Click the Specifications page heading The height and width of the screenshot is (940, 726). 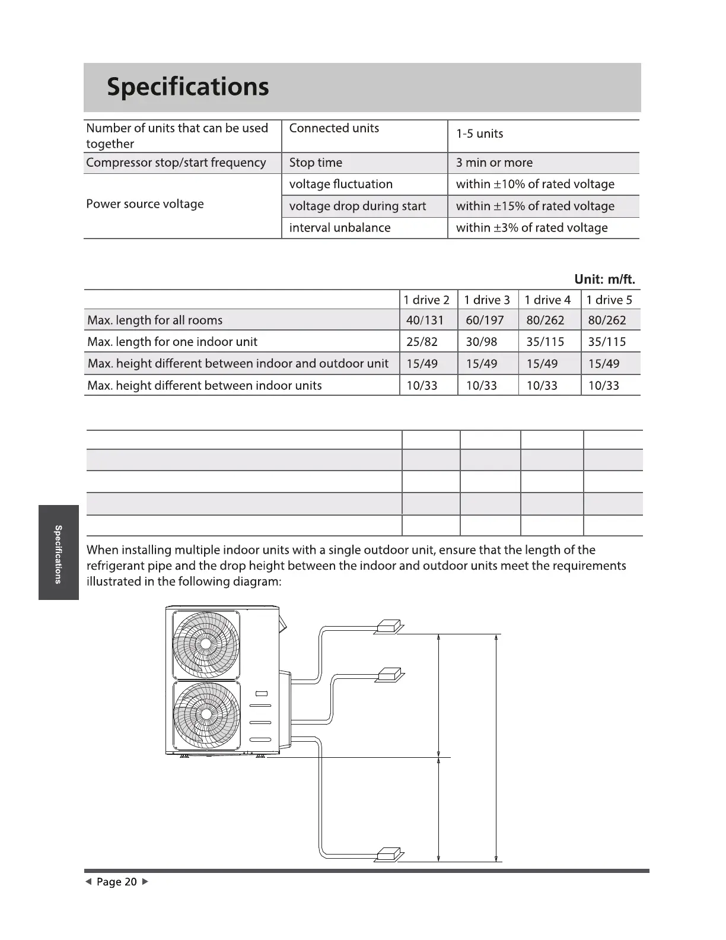tap(187, 87)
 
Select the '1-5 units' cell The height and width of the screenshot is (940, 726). tap(479, 134)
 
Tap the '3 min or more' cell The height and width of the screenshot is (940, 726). tap(494, 163)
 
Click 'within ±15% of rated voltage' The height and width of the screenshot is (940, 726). tap(535, 206)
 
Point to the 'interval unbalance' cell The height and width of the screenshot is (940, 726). tap(339, 228)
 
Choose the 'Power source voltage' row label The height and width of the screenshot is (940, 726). tap(145, 204)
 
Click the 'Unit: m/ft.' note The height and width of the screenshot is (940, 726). tap(604, 280)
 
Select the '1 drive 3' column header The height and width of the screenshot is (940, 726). tap(487, 300)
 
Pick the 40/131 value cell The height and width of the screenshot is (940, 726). tap(425, 320)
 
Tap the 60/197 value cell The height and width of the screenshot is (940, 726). tap(485, 320)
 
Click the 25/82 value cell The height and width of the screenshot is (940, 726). tap(422, 342)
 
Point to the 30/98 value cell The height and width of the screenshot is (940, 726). tap(482, 342)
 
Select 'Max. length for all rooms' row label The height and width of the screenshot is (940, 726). tap(155, 320)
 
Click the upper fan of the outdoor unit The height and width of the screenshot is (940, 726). tap(206, 644)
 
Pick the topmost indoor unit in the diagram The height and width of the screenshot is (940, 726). tap(389, 627)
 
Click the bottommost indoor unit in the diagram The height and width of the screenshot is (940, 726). tap(389, 855)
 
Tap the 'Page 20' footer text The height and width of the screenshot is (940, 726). tap(116, 882)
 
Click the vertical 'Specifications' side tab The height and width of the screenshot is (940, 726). tap(58, 553)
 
